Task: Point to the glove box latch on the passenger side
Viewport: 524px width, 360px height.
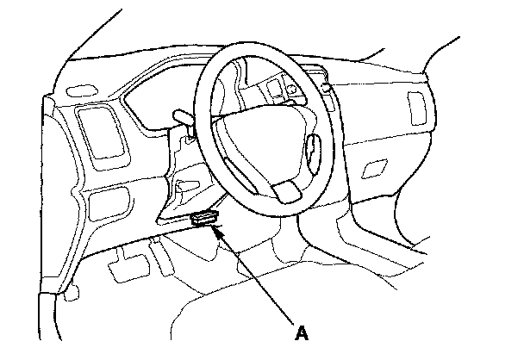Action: pyautogui.click(x=377, y=167)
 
